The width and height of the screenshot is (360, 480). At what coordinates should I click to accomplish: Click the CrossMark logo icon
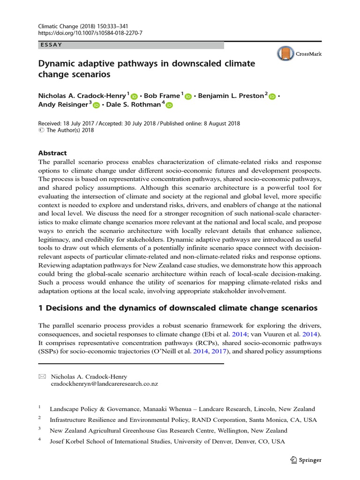pos(285,54)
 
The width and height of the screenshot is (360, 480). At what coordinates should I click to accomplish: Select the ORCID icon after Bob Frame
pos(188,96)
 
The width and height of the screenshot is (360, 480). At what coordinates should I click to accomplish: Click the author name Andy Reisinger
pos(63,105)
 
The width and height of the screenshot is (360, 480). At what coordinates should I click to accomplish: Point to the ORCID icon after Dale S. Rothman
pos(169,105)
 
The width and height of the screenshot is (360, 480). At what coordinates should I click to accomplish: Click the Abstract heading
pos(52,153)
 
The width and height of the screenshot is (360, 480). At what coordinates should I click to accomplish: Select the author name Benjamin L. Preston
pos(231,96)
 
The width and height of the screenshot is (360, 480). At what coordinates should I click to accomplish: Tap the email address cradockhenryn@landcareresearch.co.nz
pos(104,384)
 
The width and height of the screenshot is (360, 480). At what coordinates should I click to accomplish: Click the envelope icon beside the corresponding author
pos(42,376)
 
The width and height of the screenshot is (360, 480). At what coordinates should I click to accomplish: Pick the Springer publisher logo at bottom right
pos(306,460)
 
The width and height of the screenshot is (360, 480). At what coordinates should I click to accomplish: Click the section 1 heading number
pos(41,308)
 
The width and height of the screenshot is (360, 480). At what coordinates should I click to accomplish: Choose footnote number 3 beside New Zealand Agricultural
pos(40,429)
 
